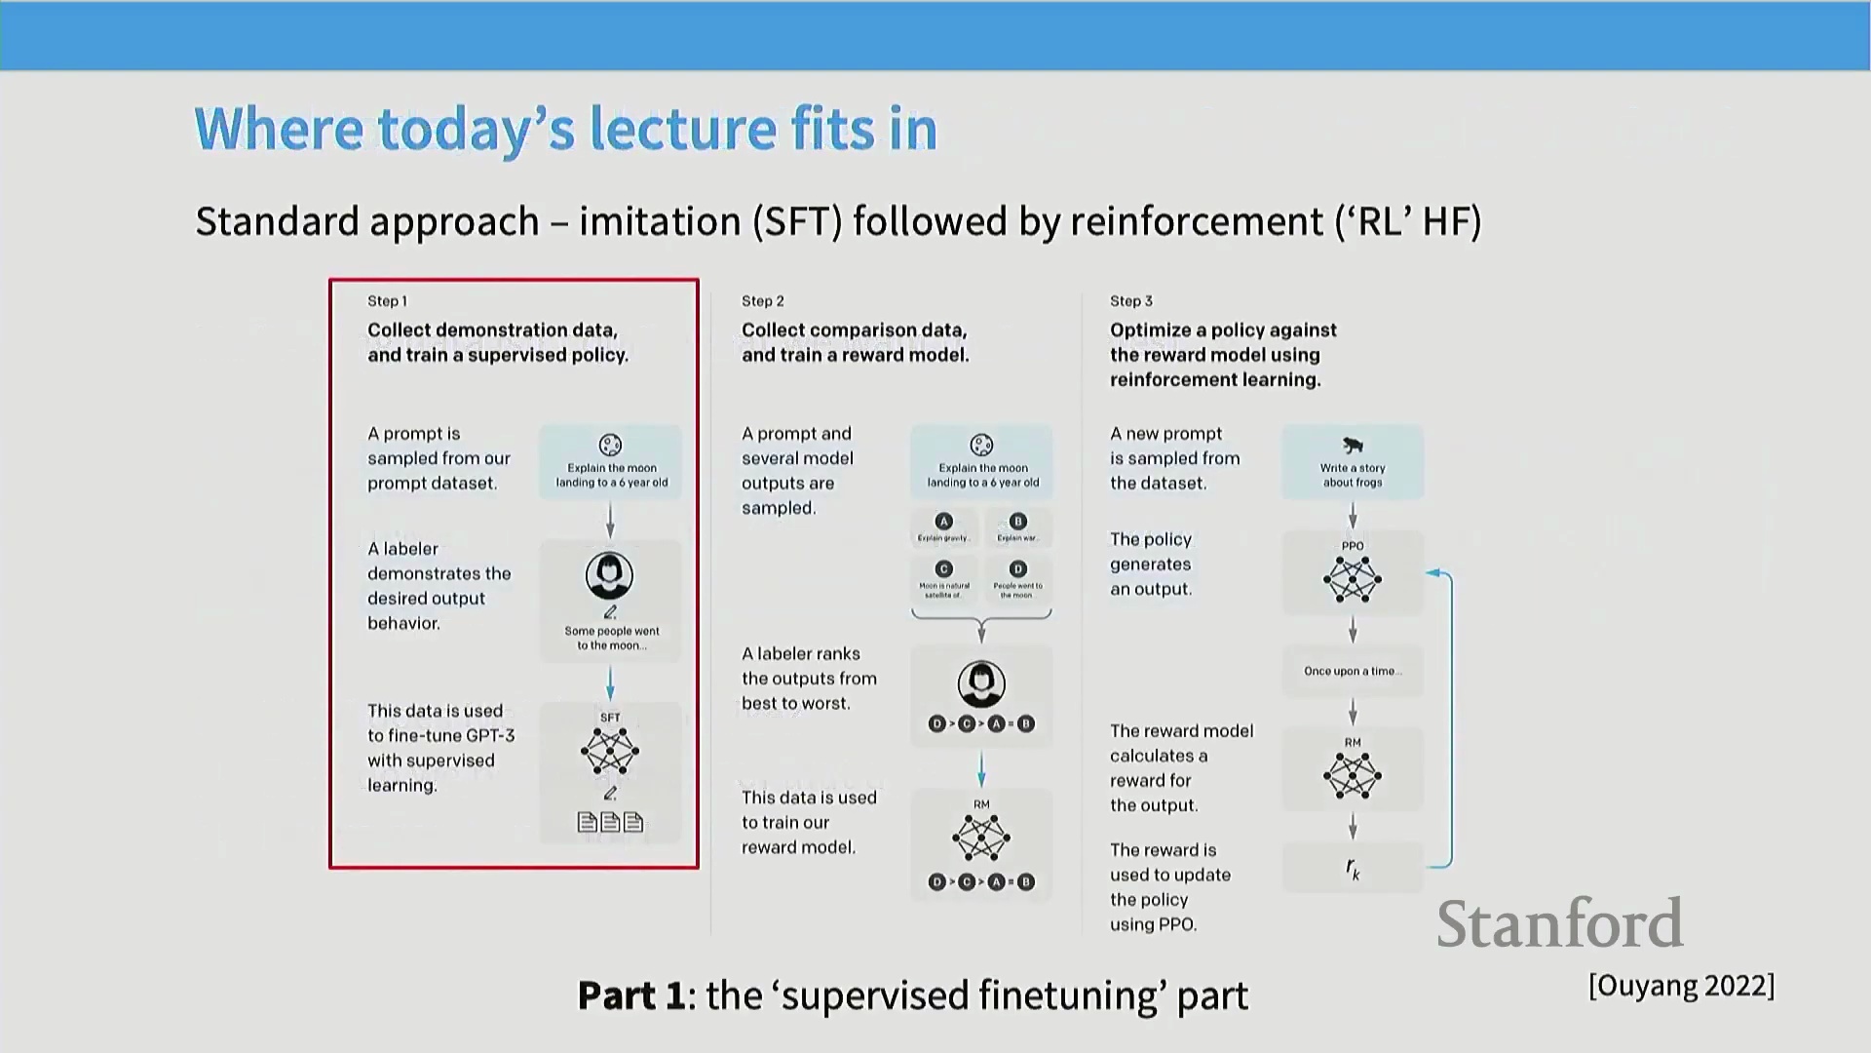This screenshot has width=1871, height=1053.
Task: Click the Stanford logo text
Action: pyautogui.click(x=1559, y=923)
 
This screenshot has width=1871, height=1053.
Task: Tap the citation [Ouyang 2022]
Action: pyautogui.click(x=1681, y=986)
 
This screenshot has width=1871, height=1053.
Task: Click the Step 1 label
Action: pyautogui.click(x=387, y=301)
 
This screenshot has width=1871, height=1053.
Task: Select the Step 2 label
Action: pyautogui.click(x=762, y=301)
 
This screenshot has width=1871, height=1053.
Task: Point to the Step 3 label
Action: pyautogui.click(x=1130, y=301)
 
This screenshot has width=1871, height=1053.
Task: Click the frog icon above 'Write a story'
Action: pyautogui.click(x=1353, y=446)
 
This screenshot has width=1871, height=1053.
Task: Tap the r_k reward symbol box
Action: pyautogui.click(x=1353, y=868)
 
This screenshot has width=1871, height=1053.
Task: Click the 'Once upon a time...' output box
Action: pyautogui.click(x=1353, y=671)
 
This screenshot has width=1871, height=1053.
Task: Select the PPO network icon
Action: pyautogui.click(x=1353, y=580)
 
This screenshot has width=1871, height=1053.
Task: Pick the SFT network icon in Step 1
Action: pyautogui.click(x=610, y=752)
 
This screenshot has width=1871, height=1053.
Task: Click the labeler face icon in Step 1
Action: pyautogui.click(x=609, y=576)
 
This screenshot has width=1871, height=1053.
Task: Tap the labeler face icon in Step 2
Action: pyautogui.click(x=981, y=683)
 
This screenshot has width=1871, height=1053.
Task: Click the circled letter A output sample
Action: pyautogui.click(x=943, y=522)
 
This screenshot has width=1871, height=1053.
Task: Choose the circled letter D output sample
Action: pyautogui.click(x=1018, y=568)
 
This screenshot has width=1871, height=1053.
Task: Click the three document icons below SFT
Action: pyautogui.click(x=610, y=823)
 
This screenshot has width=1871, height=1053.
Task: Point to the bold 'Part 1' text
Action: pyautogui.click(x=631, y=995)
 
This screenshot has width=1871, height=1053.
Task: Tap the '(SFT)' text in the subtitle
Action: pyautogui.click(x=796, y=221)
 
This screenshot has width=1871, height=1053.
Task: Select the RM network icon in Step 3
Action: pyautogui.click(x=1353, y=776)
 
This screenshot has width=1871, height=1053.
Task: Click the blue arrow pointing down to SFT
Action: pyautogui.click(x=610, y=683)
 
